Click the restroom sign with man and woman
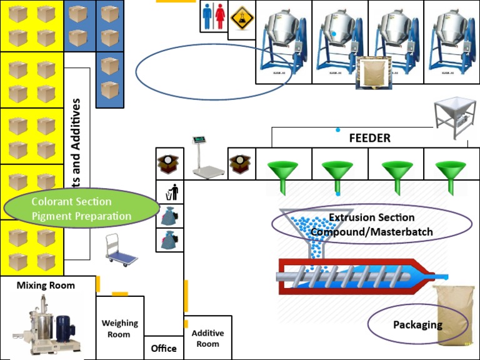[x=213, y=16]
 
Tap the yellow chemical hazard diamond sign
[x=241, y=17]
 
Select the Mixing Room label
[x=46, y=286]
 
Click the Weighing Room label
[x=119, y=328]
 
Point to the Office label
[x=164, y=348]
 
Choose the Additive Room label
[x=207, y=338]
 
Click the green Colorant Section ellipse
[x=81, y=209]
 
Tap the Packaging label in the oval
[x=417, y=324]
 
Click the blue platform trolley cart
[x=119, y=249]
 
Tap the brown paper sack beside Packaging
[x=454, y=316]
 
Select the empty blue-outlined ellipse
[x=205, y=71]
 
